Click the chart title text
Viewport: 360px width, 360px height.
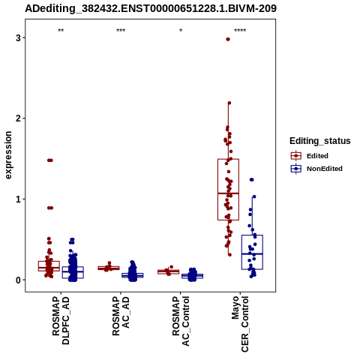click(151, 8)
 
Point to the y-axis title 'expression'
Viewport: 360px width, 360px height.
click(8, 155)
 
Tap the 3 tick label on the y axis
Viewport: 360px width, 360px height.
click(18, 38)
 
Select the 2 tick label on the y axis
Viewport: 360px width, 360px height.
click(18, 118)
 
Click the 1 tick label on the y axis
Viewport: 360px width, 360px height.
click(18, 199)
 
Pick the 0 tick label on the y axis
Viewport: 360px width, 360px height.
click(18, 280)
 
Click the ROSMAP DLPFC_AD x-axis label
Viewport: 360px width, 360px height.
click(61, 320)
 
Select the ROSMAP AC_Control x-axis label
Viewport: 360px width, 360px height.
click(181, 321)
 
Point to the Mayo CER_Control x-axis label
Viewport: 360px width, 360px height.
click(240, 324)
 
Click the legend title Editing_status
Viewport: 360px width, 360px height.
click(320, 141)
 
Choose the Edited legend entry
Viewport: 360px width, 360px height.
click(309, 156)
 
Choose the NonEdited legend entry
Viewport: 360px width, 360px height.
click(316, 169)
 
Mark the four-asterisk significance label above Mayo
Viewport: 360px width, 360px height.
click(240, 31)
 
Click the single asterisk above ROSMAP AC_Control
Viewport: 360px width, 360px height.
click(181, 31)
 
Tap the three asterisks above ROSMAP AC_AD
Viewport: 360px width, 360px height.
click(121, 31)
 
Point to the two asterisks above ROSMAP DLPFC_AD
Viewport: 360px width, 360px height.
click(61, 31)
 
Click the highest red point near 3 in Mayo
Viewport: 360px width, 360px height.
click(228, 39)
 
